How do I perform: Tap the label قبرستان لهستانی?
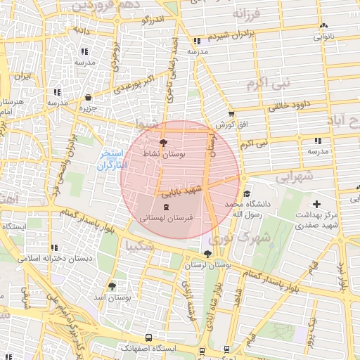click(166, 219)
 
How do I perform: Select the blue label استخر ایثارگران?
click(110, 160)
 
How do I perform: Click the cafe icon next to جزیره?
click(88, 98)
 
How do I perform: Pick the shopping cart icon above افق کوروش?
click(231, 114)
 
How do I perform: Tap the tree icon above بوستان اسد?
click(112, 286)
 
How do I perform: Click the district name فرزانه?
click(250, 14)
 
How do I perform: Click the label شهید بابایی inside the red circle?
click(181, 190)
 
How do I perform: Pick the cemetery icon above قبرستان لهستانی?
click(166, 207)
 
